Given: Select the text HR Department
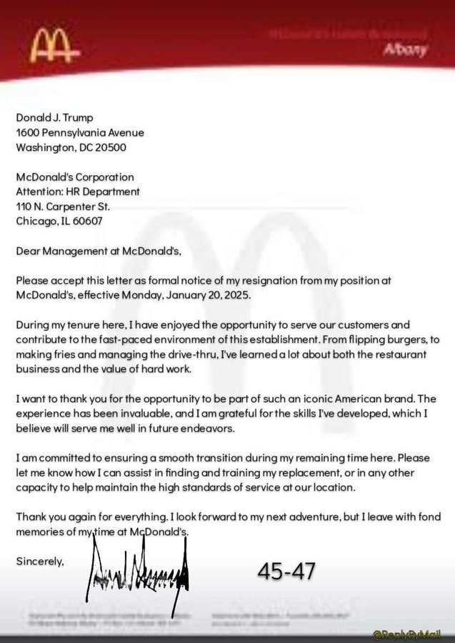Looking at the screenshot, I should (102, 191).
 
